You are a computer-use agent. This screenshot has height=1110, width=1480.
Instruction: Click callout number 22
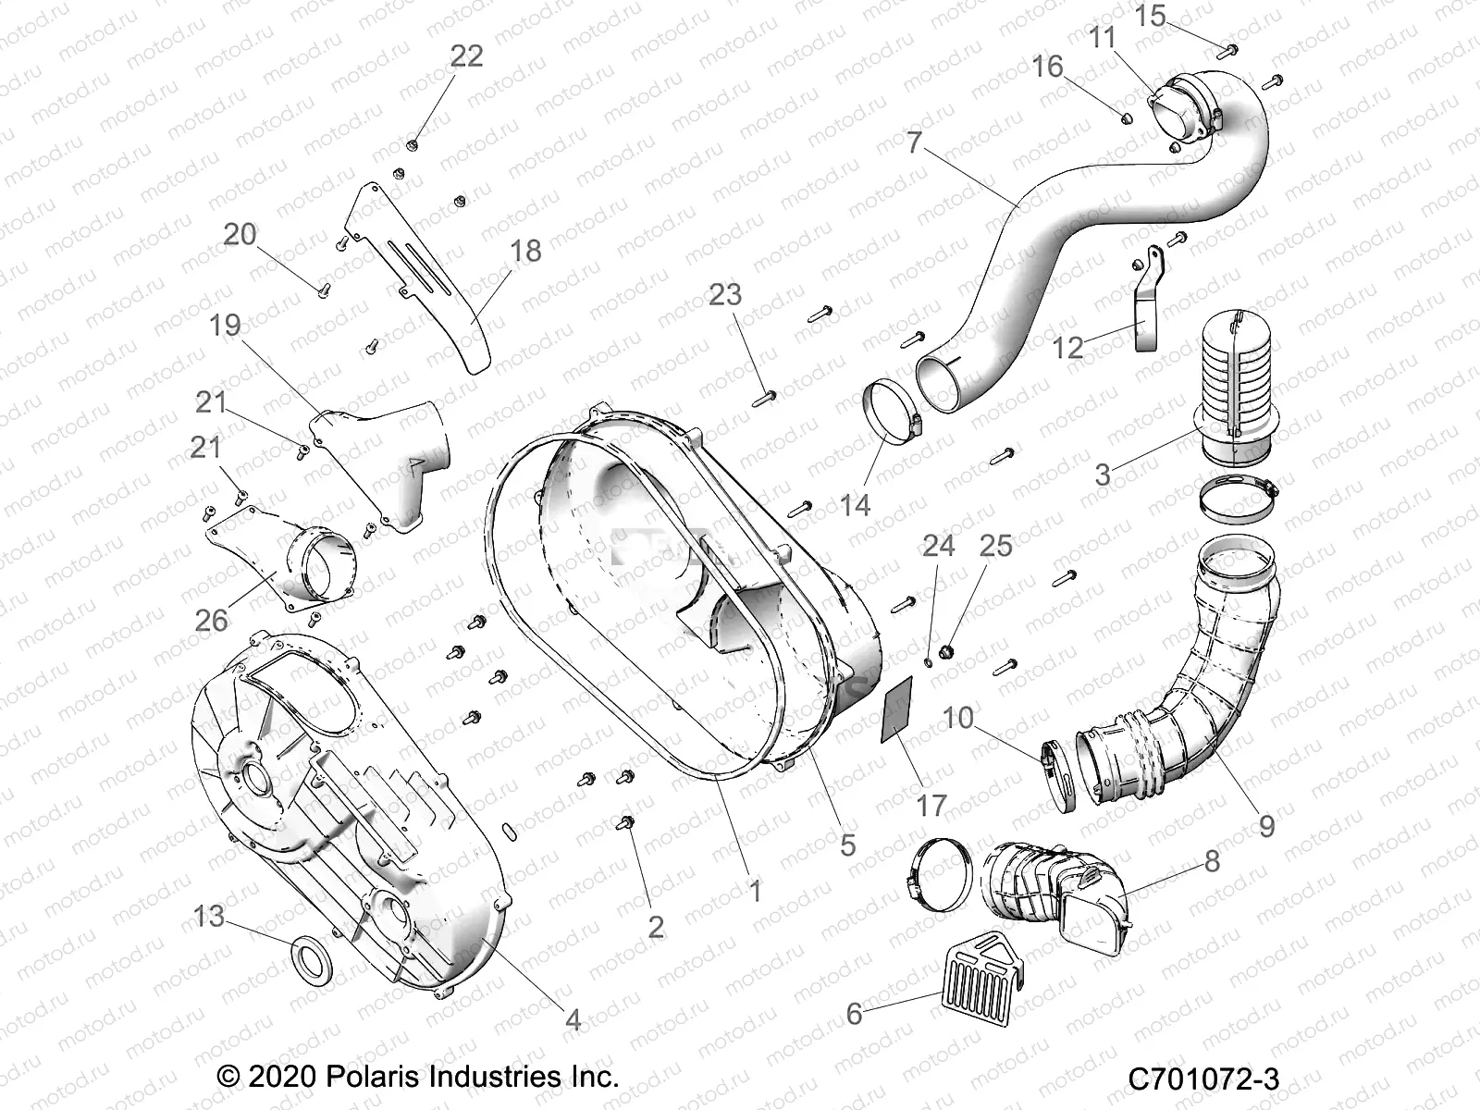point(466,56)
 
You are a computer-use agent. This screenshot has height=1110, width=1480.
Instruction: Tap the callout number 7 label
point(914,143)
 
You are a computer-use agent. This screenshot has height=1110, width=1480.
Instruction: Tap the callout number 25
point(995,546)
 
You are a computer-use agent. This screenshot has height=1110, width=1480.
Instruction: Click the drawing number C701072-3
point(1202,1079)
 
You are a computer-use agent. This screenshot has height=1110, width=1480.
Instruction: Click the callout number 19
point(224,325)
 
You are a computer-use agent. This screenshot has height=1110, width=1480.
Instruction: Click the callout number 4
point(573,1020)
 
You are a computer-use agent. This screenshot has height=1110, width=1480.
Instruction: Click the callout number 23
point(724,294)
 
